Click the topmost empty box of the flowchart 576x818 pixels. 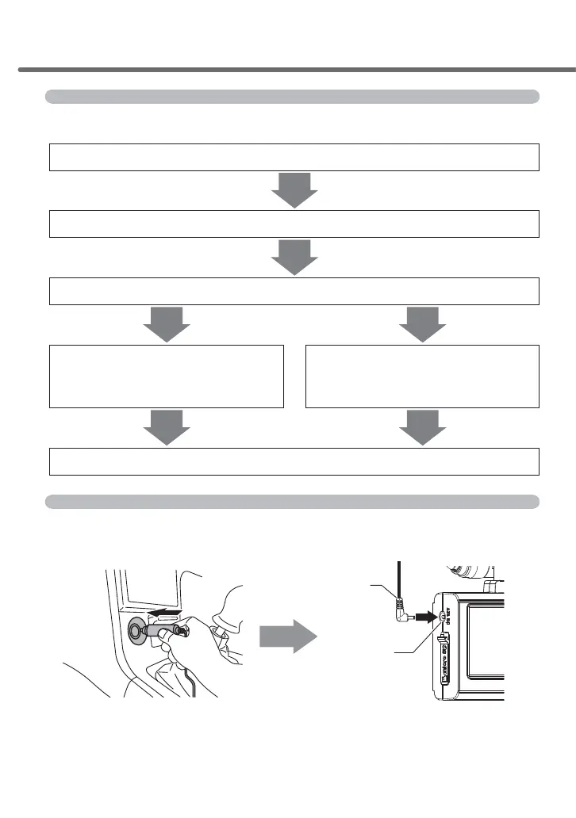click(x=294, y=157)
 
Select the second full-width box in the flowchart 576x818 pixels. click(x=294, y=224)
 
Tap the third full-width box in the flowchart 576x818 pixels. click(x=294, y=291)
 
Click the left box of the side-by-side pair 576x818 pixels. click(x=167, y=376)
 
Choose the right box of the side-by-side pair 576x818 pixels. click(x=422, y=376)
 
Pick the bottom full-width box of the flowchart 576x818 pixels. click(x=294, y=461)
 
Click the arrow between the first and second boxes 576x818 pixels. click(x=294, y=190)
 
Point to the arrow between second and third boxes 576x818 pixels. click(x=294, y=258)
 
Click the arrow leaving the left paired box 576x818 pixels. click(x=167, y=428)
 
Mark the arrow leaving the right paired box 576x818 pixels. click(x=422, y=428)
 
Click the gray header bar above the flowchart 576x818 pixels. click(x=292, y=97)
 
